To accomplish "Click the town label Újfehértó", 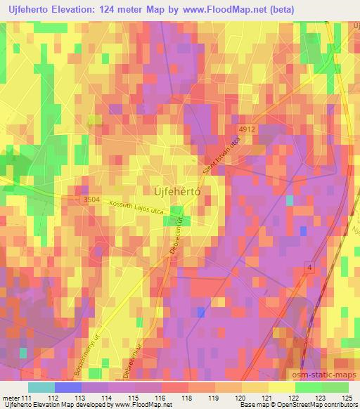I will [177, 190].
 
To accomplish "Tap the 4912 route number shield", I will [246, 129].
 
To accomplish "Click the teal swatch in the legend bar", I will [41, 387].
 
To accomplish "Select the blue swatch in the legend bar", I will [68, 387].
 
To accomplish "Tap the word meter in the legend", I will [10, 397].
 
